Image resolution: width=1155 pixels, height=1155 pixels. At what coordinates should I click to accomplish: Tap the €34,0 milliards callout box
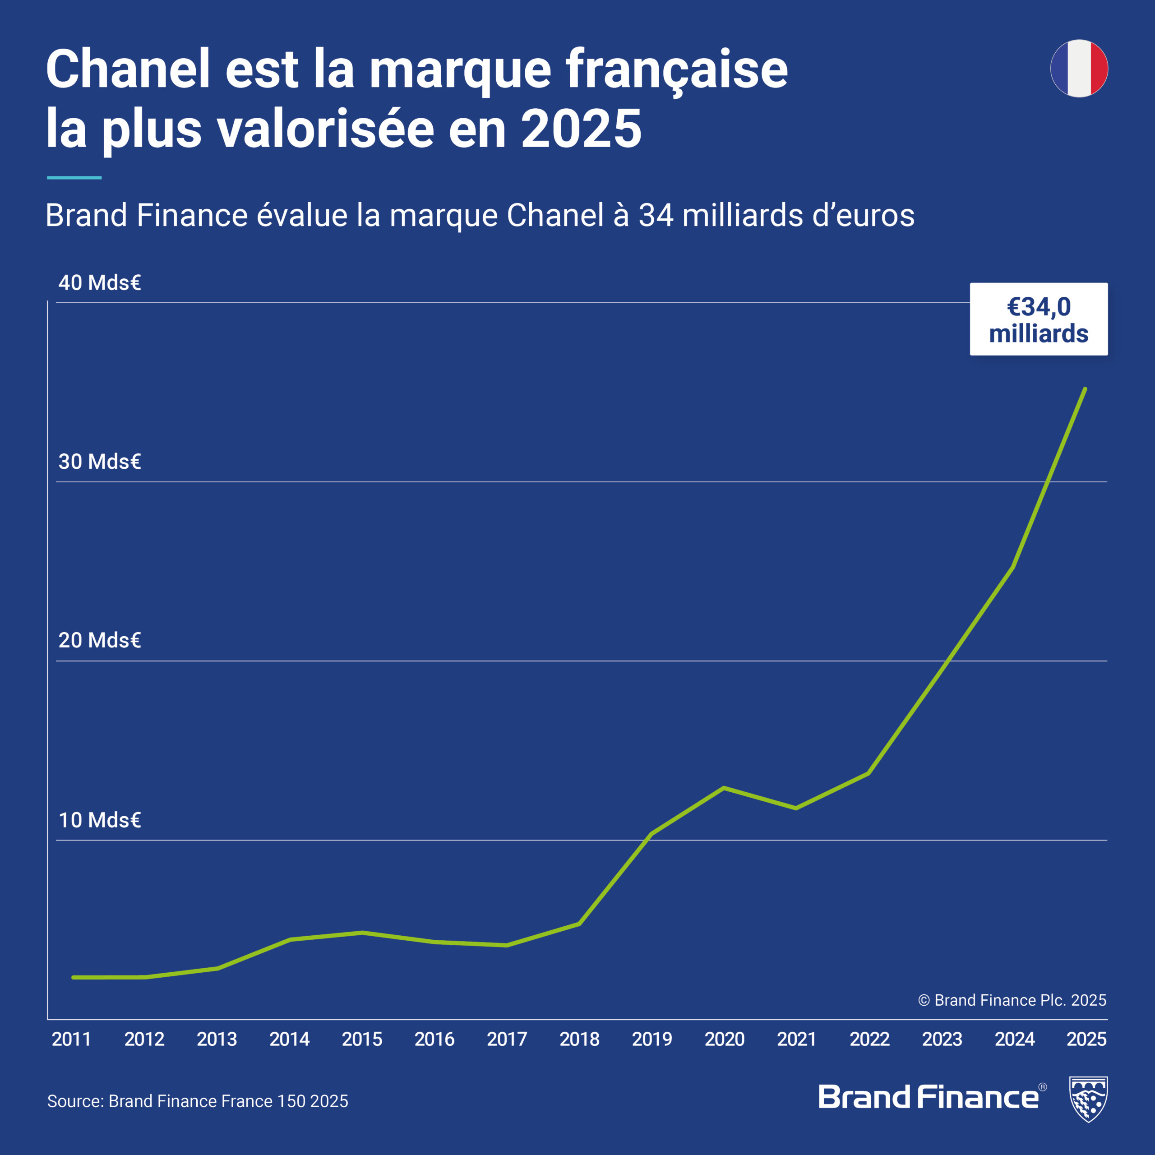[1039, 319]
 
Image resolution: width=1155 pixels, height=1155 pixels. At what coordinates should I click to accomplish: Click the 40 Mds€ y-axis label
[99, 283]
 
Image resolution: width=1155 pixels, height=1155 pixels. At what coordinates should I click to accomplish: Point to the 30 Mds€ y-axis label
[99, 462]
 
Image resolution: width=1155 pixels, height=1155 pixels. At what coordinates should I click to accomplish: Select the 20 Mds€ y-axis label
[99, 640]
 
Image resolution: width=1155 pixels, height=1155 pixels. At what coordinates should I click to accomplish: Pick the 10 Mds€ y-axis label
[99, 820]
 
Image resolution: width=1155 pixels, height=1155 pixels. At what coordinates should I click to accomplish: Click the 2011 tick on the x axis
[71, 1039]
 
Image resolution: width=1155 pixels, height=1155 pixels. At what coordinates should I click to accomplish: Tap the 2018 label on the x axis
[579, 1039]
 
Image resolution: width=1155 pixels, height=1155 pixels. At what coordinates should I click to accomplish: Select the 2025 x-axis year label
[1086, 1039]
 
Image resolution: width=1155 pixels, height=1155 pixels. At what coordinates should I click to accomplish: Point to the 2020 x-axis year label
[725, 1039]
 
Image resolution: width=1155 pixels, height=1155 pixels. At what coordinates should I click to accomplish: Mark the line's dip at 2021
[796, 808]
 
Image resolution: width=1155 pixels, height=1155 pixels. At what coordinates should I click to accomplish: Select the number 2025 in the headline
[581, 129]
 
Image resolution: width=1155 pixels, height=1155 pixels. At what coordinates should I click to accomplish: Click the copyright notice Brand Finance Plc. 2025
[1012, 1000]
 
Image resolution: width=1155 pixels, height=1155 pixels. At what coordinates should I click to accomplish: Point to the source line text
[197, 1101]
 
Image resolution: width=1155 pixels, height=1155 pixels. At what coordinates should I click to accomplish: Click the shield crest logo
[1088, 1099]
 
